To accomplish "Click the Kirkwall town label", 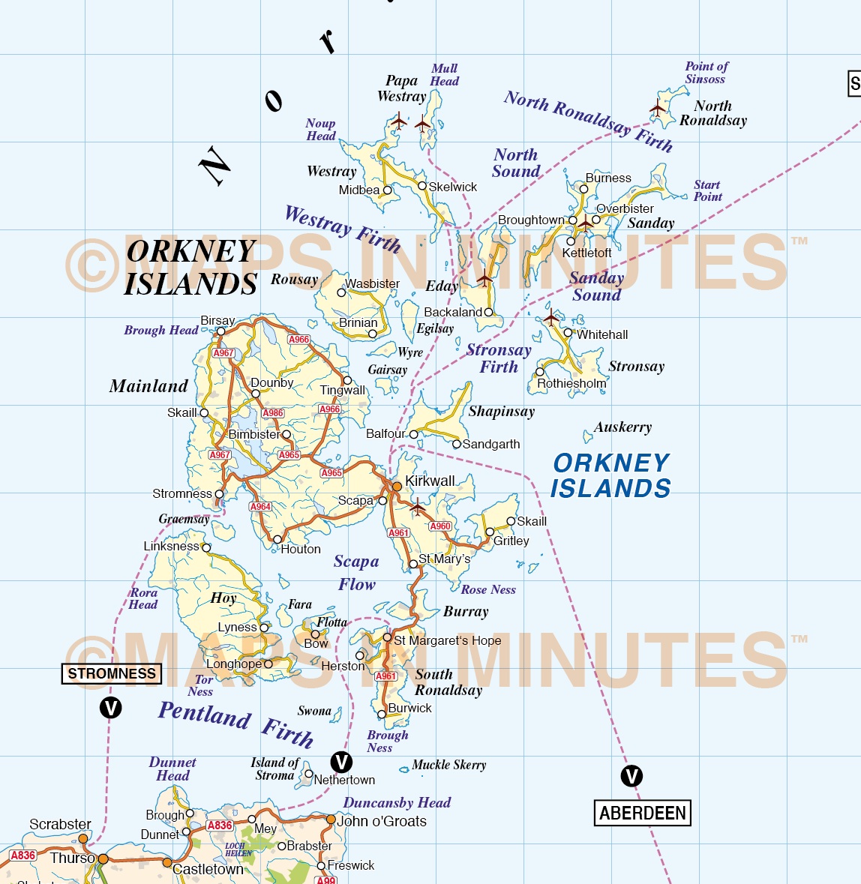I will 430,481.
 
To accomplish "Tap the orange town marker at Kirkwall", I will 397,487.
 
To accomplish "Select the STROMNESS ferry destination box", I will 111,673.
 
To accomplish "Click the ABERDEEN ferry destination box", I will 643,813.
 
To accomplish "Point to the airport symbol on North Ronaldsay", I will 658,109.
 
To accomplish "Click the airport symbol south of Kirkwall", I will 417,508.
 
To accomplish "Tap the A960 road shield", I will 440,526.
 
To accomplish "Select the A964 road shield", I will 260,507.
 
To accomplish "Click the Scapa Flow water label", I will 356,572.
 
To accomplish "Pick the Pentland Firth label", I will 235,723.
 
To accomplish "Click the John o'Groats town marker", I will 330,820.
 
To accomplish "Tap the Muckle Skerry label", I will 448,765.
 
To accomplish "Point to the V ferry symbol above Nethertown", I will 341,763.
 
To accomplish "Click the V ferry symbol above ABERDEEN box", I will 631,776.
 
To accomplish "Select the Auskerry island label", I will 622,427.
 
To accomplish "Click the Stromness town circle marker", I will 219,494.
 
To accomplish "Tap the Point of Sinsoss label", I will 706,73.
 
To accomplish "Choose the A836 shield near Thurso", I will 23,856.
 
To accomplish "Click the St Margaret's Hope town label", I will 447,640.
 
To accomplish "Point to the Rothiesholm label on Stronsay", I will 571,384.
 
